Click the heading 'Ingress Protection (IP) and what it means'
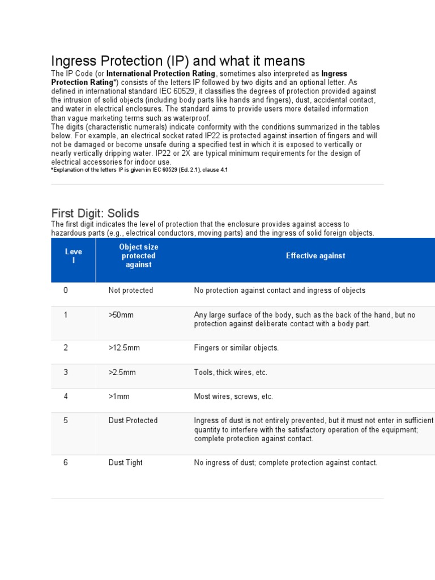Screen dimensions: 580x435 point(178,61)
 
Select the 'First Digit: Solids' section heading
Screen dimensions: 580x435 point(95,214)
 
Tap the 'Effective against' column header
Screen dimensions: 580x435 point(315,256)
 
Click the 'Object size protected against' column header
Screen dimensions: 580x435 point(139,256)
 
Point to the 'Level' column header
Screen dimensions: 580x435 point(73,256)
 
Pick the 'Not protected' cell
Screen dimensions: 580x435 point(131,291)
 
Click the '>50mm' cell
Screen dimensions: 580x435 point(121,315)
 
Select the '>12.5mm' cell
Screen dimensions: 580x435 point(125,348)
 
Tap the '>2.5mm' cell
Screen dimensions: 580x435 point(122,372)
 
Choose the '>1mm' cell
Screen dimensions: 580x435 point(119,396)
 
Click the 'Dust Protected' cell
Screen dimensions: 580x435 point(133,420)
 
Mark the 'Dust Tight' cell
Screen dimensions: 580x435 point(126,463)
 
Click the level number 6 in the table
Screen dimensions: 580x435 point(66,463)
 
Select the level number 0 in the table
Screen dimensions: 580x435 point(66,291)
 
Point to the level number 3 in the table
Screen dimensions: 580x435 point(66,372)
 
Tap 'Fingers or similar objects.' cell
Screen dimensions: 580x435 point(236,348)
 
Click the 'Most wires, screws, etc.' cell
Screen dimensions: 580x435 point(233,396)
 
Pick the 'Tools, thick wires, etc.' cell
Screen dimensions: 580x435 point(231,372)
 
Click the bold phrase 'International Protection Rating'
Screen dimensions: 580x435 point(161,74)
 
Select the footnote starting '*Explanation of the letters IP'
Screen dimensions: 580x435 point(139,170)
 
